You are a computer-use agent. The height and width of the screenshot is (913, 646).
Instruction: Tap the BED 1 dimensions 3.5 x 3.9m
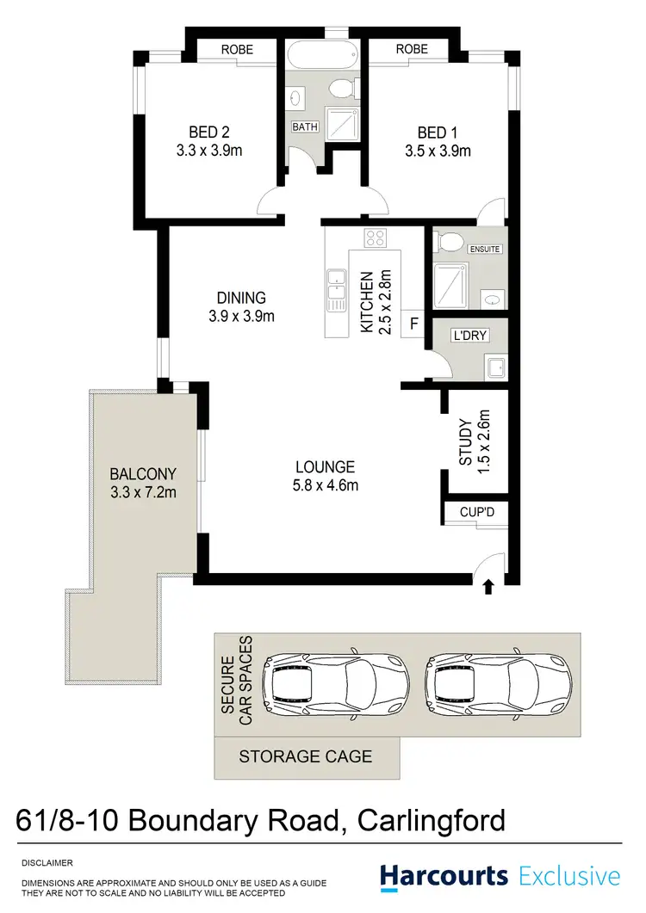438,152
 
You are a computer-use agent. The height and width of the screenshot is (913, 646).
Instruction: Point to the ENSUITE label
484,250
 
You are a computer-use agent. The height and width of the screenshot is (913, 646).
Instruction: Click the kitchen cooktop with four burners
376,238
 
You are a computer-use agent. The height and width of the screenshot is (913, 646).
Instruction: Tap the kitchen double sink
335,290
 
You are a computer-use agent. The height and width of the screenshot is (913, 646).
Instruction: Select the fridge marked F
413,325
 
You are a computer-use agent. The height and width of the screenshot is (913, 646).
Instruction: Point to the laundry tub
495,368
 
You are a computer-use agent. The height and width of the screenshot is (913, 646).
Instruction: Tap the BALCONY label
143,473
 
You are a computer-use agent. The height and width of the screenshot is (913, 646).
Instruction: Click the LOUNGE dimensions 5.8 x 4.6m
326,486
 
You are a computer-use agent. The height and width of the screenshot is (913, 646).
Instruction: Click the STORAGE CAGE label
306,757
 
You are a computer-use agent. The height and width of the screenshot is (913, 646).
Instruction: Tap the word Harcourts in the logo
444,877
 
